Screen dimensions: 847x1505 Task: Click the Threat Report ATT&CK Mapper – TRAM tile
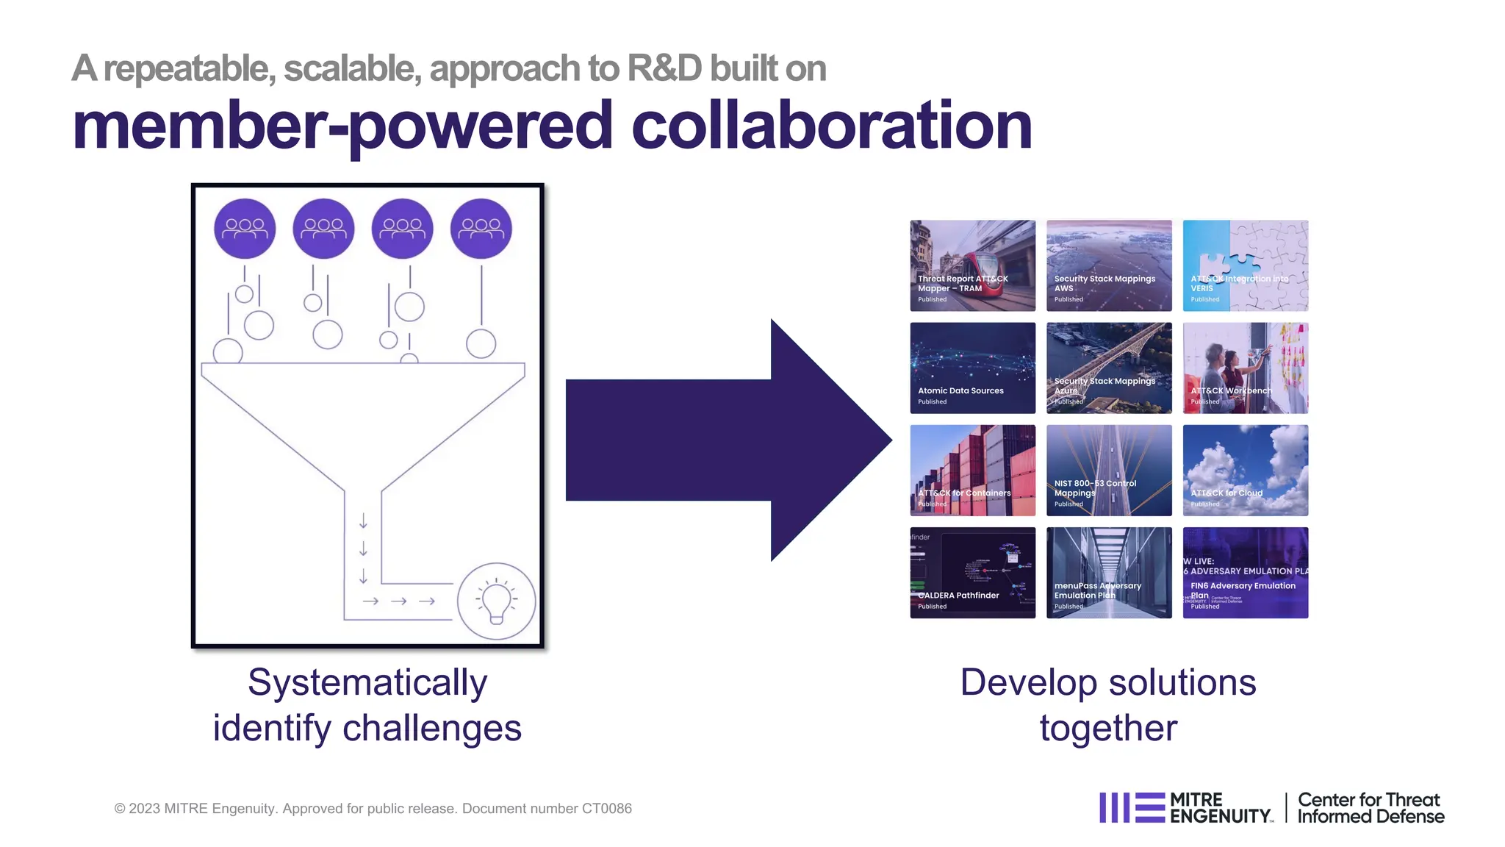[972, 265]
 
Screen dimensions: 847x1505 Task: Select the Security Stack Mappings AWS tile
[1109, 265]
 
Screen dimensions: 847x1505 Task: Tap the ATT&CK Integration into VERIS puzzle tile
[1246, 265]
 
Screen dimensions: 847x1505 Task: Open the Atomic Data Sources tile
[972, 368]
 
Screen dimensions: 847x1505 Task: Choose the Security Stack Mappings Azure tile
[1109, 368]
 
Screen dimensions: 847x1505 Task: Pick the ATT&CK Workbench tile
[1246, 368]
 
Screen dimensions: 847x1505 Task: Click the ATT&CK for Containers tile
[972, 470]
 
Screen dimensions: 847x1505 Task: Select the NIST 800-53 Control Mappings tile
[1109, 470]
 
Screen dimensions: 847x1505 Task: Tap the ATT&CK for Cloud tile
[1246, 470]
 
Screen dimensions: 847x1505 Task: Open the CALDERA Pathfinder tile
[972, 572]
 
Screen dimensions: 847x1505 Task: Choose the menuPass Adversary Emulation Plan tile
[1109, 572]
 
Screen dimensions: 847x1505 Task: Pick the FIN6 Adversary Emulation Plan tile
[1246, 572]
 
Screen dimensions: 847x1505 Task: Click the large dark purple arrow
[728, 440]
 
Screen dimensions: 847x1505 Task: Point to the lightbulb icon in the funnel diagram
[496, 601]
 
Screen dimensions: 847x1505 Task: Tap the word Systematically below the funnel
[367, 682]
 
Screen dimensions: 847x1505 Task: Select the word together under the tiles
[1108, 728]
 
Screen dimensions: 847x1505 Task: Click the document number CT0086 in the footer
[606, 809]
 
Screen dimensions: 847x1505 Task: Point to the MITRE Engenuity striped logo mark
[1132, 807]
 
